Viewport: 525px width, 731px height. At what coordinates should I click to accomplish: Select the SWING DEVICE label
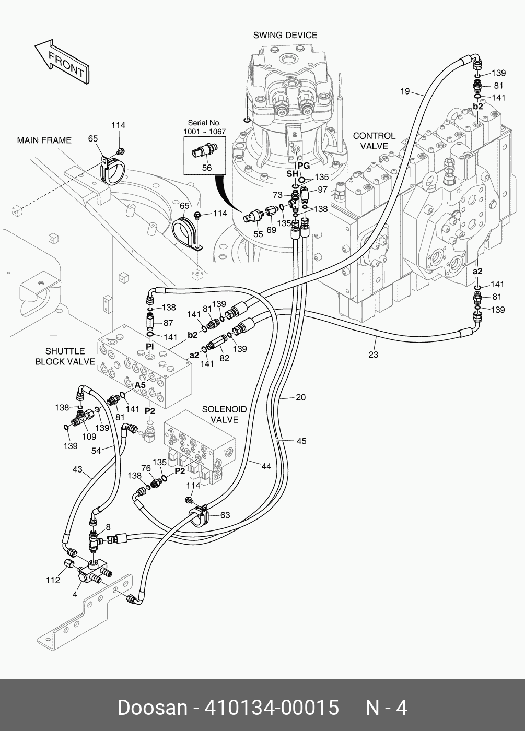pyautogui.click(x=285, y=36)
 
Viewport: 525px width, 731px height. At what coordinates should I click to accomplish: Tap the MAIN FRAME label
pyautogui.click(x=44, y=140)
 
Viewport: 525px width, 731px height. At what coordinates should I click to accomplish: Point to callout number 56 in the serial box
pyautogui.click(x=207, y=168)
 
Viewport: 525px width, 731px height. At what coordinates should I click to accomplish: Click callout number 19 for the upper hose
pyautogui.click(x=405, y=91)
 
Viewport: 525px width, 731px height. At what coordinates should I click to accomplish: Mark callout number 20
pyautogui.click(x=300, y=397)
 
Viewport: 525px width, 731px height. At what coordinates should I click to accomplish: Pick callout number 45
pyautogui.click(x=301, y=441)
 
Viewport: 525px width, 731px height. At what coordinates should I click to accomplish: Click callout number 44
pyautogui.click(x=266, y=466)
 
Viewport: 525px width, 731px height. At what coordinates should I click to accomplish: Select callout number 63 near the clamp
pyautogui.click(x=225, y=515)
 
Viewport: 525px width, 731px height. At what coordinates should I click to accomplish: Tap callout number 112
pyautogui.click(x=53, y=581)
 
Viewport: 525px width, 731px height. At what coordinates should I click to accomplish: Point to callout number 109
pyautogui.click(x=89, y=437)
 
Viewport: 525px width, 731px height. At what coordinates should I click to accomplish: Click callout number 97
pyautogui.click(x=322, y=189)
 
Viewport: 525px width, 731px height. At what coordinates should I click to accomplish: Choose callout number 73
pyautogui.click(x=277, y=195)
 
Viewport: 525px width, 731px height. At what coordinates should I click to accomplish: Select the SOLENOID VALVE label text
pyautogui.click(x=225, y=415)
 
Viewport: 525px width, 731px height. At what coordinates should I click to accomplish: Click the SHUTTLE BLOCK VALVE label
pyautogui.click(x=65, y=356)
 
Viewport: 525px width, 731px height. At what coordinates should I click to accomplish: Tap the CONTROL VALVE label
pyautogui.click(x=374, y=141)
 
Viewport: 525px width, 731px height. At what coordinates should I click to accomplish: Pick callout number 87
pyautogui.click(x=168, y=324)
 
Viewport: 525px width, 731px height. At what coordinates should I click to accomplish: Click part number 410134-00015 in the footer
pyautogui.click(x=272, y=708)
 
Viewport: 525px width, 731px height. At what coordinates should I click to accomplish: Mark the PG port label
pyautogui.click(x=304, y=166)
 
